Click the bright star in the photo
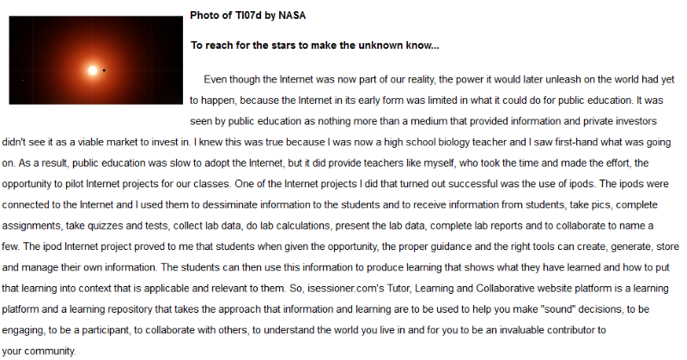point(90,70)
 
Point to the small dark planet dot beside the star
point(105,70)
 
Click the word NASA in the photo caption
point(292,15)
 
